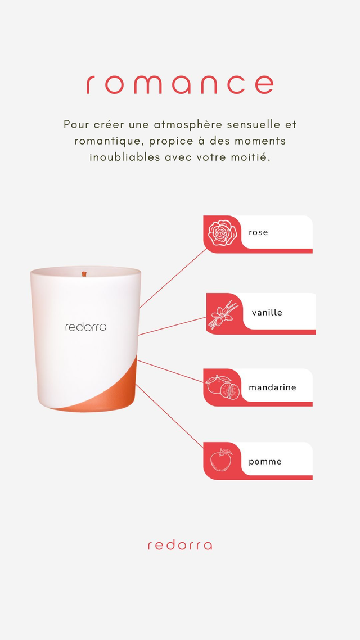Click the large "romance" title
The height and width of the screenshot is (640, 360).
pyautogui.click(x=179, y=84)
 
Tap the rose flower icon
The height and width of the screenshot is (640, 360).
pyautogui.click(x=222, y=233)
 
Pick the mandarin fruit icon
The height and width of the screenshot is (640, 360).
pyautogui.click(x=222, y=387)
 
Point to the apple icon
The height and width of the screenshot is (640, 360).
pyautogui.click(x=222, y=461)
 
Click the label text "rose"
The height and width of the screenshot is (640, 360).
pyautogui.click(x=258, y=232)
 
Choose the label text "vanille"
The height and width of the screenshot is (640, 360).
pyautogui.click(x=267, y=313)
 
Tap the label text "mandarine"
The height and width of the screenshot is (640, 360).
pyautogui.click(x=272, y=387)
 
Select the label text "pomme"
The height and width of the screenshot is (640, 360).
pyautogui.click(x=265, y=462)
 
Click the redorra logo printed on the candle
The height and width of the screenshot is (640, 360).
pyautogui.click(x=85, y=327)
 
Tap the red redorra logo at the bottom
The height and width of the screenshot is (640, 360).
pyautogui.click(x=180, y=546)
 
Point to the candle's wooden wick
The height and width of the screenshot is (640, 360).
pyautogui.click(x=84, y=274)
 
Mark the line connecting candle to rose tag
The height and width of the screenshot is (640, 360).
pyautogui.click(x=173, y=278)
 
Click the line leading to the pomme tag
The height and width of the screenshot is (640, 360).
pyautogui.click(x=169, y=416)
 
